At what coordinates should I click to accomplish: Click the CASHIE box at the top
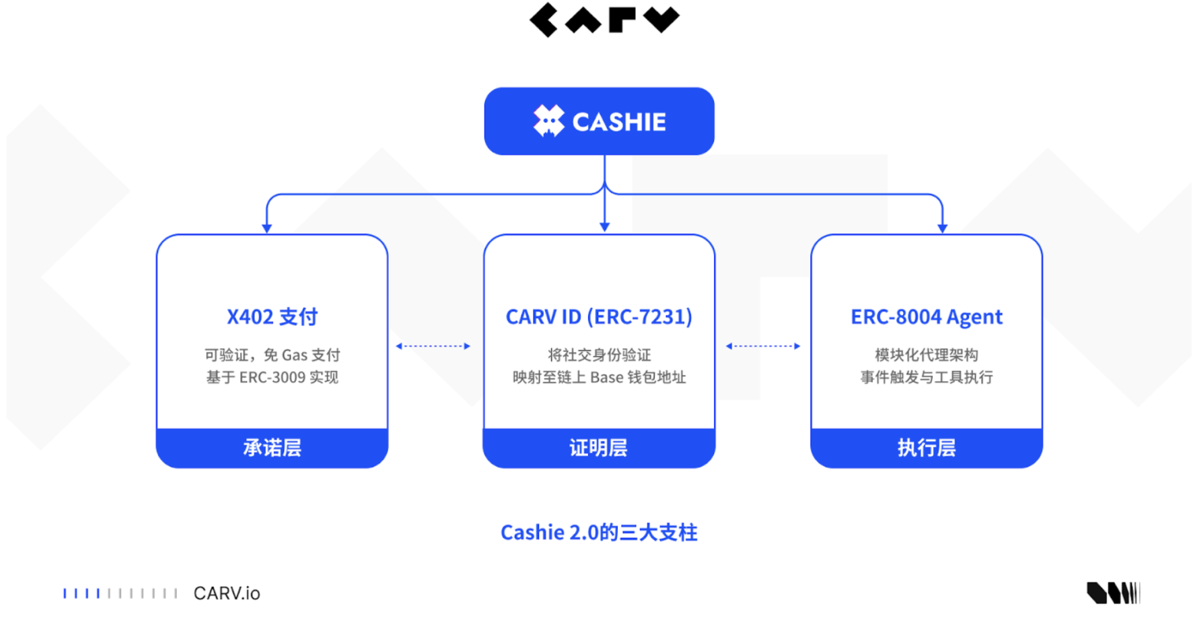pos(599,121)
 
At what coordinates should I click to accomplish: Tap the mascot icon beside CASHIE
pos(548,121)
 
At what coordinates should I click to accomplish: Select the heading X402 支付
pos(272,316)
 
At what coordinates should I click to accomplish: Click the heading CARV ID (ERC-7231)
pos(599,316)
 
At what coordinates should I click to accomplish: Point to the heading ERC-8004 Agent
pos(927,316)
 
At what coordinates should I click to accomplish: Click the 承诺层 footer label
pos(272,448)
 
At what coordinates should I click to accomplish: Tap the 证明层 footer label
pos(599,448)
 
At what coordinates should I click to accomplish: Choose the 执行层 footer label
pos(927,448)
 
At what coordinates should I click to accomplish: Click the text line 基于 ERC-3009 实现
pos(272,378)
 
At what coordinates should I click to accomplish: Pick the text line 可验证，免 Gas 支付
pos(272,355)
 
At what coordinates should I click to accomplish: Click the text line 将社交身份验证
pos(599,355)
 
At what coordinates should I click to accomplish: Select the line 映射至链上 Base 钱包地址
pos(599,378)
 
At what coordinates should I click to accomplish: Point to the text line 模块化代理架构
pos(927,355)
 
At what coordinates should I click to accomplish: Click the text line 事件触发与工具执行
pos(927,378)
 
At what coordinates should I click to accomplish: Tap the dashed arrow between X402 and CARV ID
pos(433,346)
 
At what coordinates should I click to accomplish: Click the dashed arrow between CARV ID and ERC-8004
pos(763,346)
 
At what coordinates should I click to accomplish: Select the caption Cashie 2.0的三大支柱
pos(599,533)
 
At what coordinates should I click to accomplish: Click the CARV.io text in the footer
pos(227,593)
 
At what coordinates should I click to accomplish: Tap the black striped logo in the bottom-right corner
pos(1113,593)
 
